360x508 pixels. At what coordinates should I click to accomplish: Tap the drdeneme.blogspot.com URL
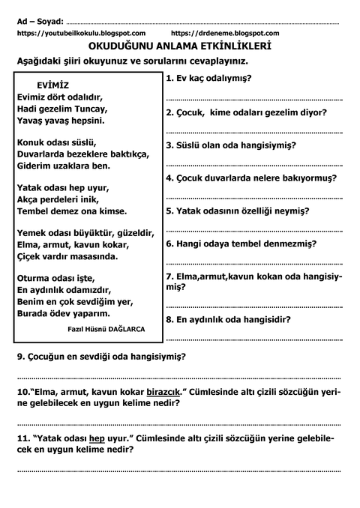pos(225,34)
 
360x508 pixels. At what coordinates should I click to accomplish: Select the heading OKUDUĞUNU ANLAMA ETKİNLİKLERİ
pos(179,46)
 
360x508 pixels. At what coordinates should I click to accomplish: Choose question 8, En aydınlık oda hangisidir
pos(228,318)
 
